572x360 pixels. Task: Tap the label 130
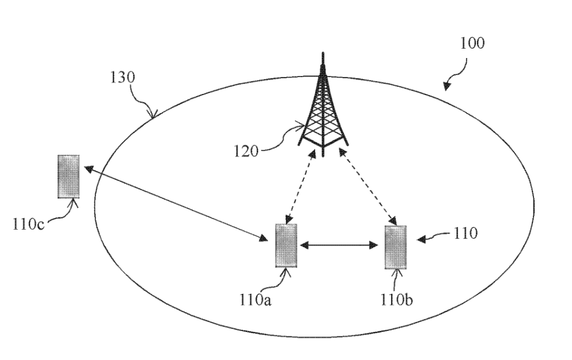pyautogui.click(x=122, y=78)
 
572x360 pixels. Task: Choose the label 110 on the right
pyautogui.click(x=465, y=233)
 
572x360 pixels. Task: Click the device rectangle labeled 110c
pyautogui.click(x=68, y=176)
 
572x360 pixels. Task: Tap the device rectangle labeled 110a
pyautogui.click(x=286, y=245)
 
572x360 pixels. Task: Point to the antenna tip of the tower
pyautogui.click(x=322, y=55)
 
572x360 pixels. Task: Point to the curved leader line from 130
pyautogui.click(x=144, y=104)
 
